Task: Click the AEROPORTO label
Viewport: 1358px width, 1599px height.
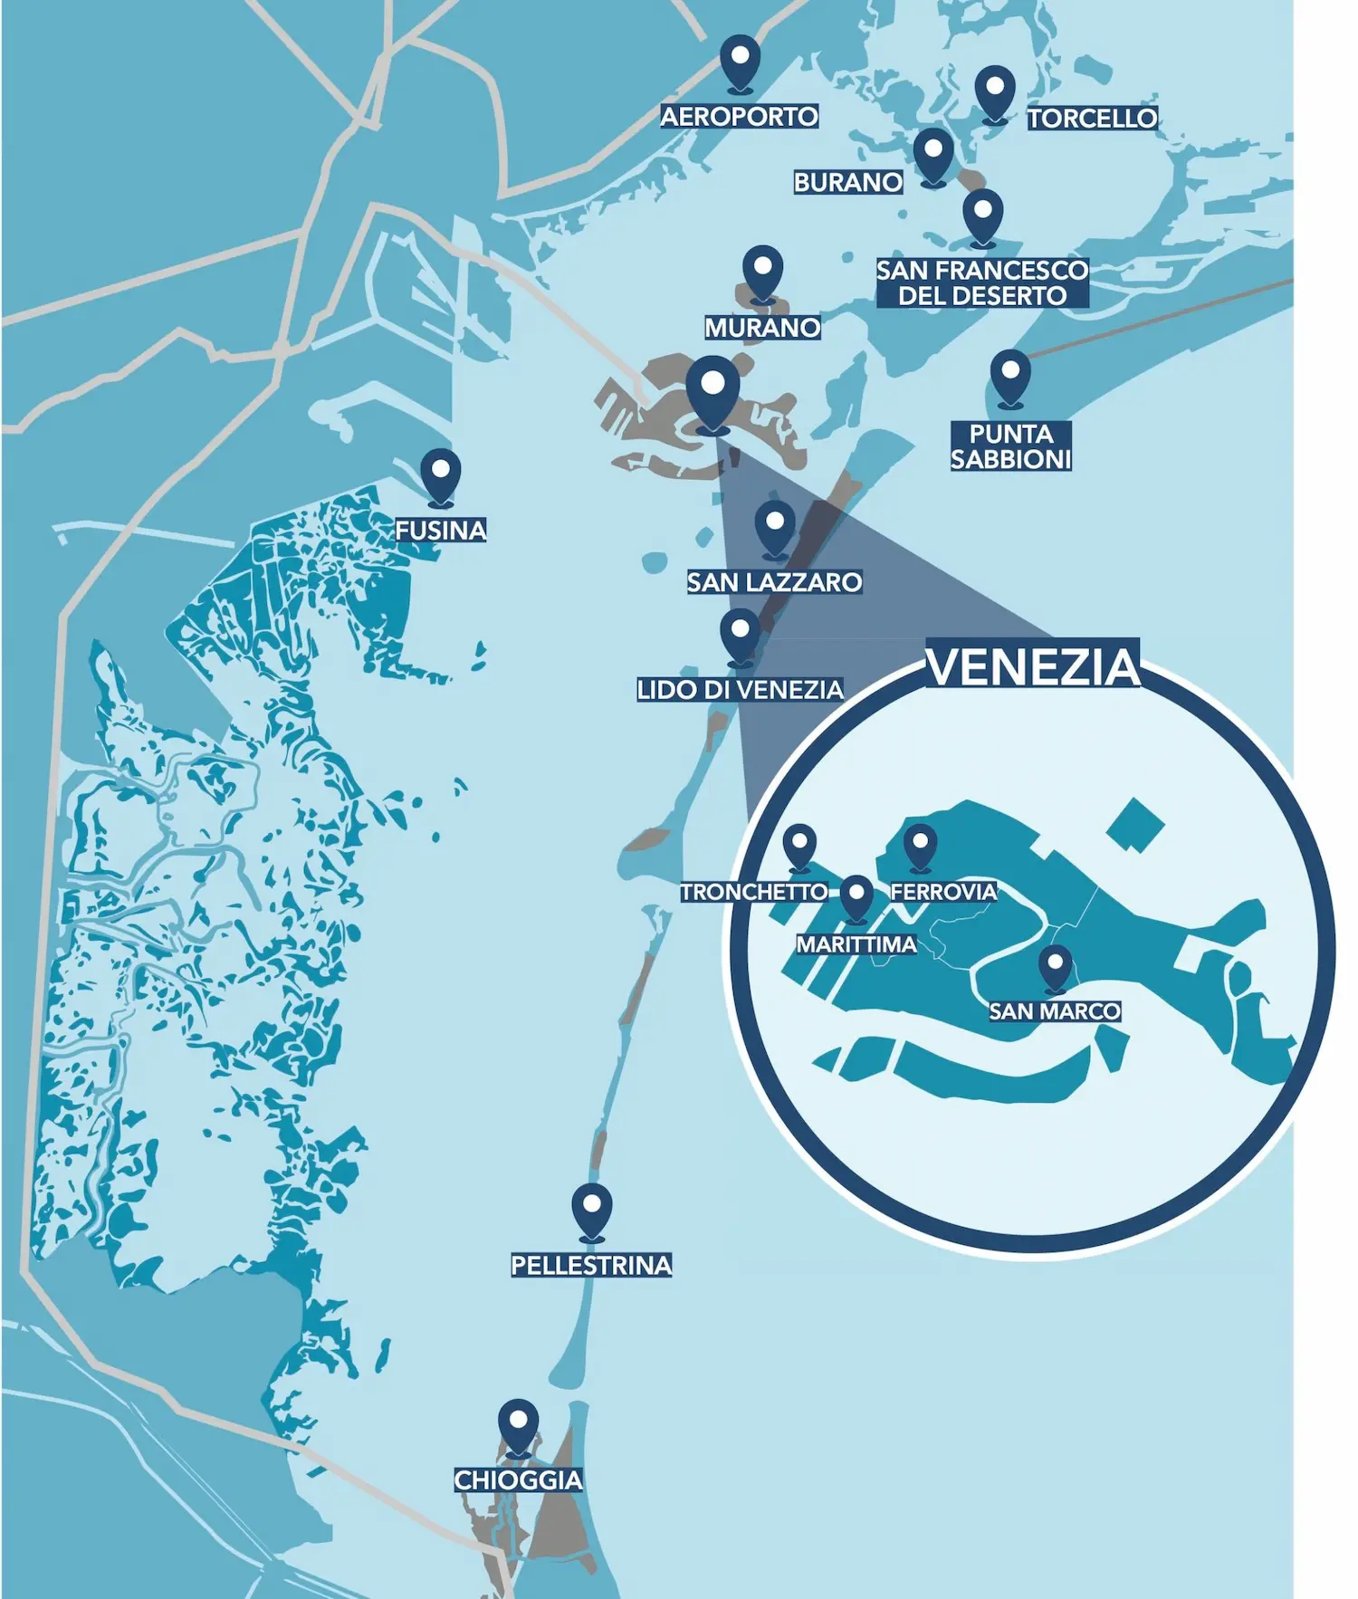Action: point(739,117)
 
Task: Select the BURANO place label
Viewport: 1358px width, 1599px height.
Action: point(847,182)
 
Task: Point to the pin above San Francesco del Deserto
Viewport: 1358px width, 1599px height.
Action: point(982,215)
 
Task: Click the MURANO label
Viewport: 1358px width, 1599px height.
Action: point(762,327)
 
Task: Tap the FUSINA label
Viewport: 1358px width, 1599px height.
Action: point(441,530)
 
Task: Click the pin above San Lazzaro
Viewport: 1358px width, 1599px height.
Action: point(775,527)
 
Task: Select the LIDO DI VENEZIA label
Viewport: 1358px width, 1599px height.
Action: point(740,690)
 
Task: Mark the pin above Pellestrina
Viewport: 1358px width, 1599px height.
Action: point(592,1210)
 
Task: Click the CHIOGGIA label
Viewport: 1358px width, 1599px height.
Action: point(518,1480)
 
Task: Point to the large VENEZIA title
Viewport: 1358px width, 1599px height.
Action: point(1032,666)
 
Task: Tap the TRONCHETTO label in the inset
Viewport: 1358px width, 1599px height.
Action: point(753,892)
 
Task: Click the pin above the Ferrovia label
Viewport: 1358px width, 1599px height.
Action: point(920,846)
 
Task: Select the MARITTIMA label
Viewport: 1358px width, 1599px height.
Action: point(856,944)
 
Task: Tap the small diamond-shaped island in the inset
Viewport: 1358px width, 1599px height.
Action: point(1134,825)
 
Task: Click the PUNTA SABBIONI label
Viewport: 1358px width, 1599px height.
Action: point(1010,446)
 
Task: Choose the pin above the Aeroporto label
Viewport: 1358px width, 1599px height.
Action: point(740,61)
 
